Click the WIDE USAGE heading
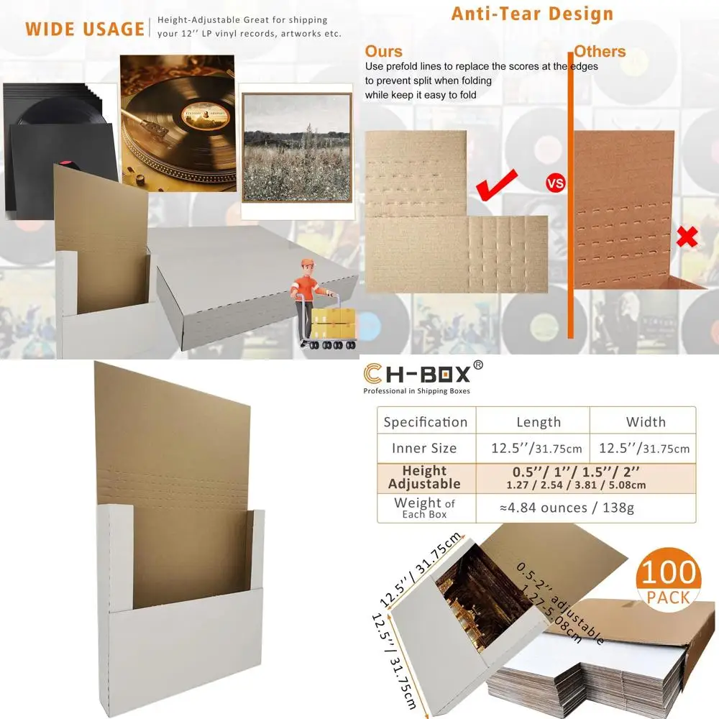tap(85, 29)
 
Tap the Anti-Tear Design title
tap(532, 14)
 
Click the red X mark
tap(687, 237)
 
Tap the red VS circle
tap(556, 183)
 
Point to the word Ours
tap(383, 51)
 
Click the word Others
tap(600, 52)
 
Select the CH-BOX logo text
tap(417, 374)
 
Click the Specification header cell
tap(426, 422)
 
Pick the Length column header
tap(539, 422)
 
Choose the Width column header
tap(646, 422)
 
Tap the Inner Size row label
tap(424, 449)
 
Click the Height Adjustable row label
tap(424, 477)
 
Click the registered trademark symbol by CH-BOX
tap(479, 365)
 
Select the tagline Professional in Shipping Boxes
tap(416, 391)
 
